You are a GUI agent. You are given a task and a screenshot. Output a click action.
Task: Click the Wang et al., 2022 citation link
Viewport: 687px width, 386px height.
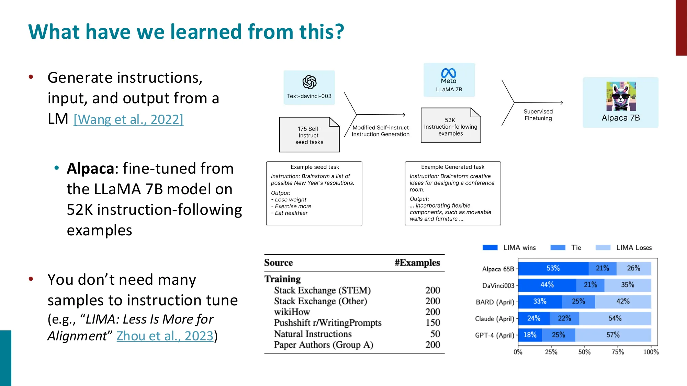tap(128, 119)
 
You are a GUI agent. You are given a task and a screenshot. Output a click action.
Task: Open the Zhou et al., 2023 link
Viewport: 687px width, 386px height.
tap(165, 336)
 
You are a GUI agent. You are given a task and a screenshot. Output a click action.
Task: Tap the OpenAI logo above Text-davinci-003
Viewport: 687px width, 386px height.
tap(309, 82)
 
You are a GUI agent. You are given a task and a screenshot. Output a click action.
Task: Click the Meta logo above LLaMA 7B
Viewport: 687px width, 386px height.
tap(449, 73)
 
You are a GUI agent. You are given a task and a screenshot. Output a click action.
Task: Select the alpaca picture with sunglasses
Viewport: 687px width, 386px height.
tap(621, 96)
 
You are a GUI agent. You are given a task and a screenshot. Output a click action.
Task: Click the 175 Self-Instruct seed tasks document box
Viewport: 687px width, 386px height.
tap(309, 135)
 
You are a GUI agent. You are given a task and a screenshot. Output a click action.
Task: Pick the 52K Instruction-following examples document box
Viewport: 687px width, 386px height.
tap(450, 126)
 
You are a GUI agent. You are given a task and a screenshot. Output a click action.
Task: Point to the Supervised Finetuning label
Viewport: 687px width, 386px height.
tap(538, 115)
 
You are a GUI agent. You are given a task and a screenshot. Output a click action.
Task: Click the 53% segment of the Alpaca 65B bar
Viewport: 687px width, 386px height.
tap(553, 268)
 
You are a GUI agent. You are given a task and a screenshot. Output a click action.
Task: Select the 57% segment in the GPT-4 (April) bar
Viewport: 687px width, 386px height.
tap(613, 335)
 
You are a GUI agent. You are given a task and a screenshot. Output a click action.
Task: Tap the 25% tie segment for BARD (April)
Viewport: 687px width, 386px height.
tap(578, 302)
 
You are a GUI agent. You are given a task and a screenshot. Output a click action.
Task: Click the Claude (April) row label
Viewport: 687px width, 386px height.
tap(494, 319)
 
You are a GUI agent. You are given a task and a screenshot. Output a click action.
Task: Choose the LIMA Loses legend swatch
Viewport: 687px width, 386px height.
tap(603, 248)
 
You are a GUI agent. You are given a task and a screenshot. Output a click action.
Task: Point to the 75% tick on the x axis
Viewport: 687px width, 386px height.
tap(617, 352)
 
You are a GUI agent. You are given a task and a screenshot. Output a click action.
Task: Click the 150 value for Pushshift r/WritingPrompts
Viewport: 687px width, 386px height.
tap(432, 323)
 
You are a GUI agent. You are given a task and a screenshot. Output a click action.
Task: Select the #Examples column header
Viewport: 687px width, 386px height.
tap(417, 263)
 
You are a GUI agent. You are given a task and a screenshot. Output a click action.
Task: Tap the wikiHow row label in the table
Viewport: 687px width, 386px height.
tap(292, 312)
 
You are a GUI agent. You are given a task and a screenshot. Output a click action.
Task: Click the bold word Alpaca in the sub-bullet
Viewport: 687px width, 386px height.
tap(90, 168)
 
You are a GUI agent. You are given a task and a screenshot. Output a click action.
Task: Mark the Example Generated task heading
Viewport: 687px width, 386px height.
tap(452, 167)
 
